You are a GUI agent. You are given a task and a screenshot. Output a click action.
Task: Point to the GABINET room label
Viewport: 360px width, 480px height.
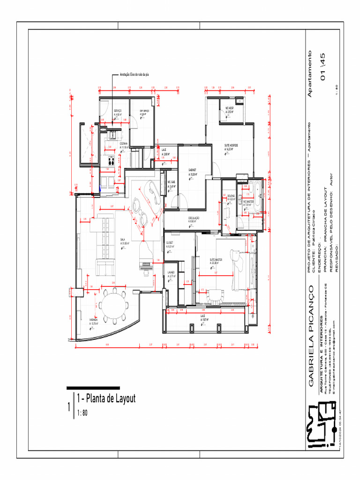tap(193, 171)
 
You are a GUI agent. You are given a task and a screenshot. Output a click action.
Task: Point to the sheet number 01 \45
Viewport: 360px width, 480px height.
tap(322, 67)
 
